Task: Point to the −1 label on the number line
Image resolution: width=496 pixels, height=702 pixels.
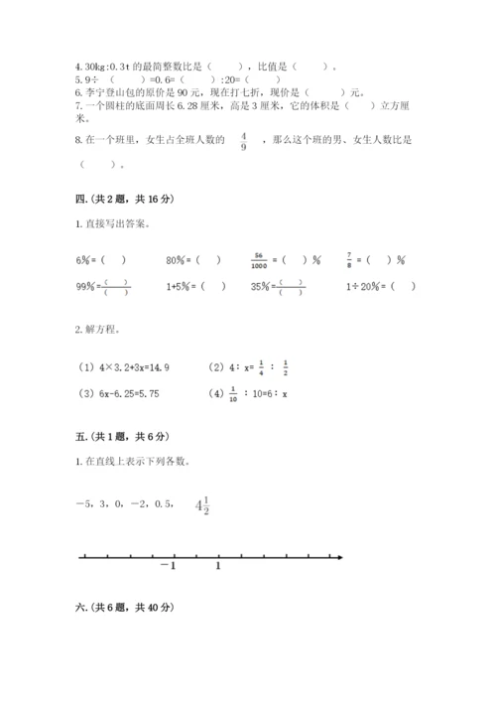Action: (x=166, y=567)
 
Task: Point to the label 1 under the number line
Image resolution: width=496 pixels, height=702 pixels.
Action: (x=218, y=567)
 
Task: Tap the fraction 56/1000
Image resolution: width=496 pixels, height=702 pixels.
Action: (x=262, y=260)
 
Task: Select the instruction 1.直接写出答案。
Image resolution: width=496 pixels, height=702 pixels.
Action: (x=114, y=224)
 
